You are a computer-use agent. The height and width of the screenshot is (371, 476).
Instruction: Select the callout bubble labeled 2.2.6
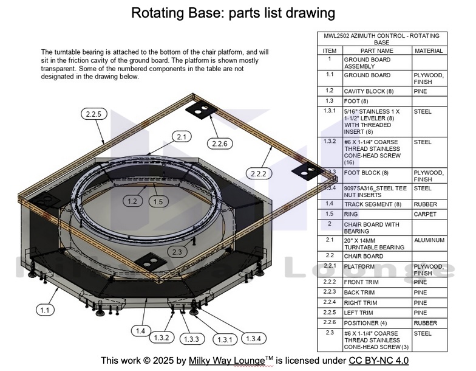pyautogui.click(x=219, y=144)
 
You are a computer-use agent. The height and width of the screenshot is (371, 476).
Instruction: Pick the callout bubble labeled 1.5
pyautogui.click(x=158, y=201)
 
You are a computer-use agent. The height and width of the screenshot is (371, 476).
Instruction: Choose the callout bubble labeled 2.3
pyautogui.click(x=177, y=251)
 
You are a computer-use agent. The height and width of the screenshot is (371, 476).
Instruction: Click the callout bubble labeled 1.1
pyautogui.click(x=44, y=310)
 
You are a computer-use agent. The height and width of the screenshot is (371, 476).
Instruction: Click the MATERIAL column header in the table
pyautogui.click(x=429, y=51)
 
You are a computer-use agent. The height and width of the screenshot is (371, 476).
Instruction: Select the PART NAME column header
pyautogui.click(x=376, y=51)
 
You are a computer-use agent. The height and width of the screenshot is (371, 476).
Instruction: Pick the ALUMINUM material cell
pyautogui.click(x=429, y=240)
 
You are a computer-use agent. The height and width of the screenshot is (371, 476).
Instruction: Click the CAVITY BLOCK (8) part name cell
pyautogui.click(x=369, y=91)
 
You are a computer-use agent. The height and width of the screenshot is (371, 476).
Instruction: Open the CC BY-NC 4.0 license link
pyautogui.click(x=378, y=361)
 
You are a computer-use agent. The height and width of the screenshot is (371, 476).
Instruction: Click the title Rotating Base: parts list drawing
pyautogui.click(x=233, y=13)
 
